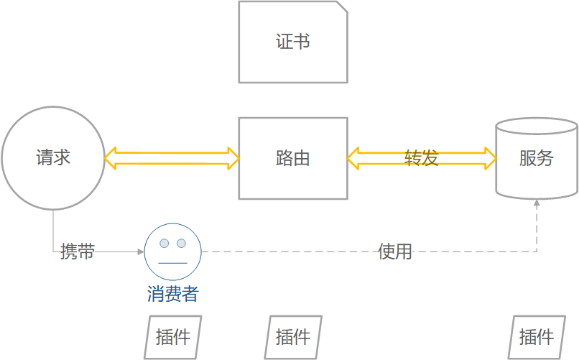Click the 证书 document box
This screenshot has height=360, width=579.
(x=293, y=42)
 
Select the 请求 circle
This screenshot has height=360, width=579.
(x=53, y=158)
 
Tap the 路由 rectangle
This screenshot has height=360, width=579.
(x=293, y=158)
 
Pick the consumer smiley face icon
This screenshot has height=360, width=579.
(x=172, y=251)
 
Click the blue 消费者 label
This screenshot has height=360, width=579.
(x=172, y=294)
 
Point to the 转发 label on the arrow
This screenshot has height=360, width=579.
(x=422, y=158)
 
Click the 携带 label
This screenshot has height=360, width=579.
(x=78, y=251)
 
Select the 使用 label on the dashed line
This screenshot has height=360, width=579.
(x=395, y=251)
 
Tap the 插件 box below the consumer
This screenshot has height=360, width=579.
(x=173, y=336)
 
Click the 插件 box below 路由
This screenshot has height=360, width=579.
(x=293, y=336)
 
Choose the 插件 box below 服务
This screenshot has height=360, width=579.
(x=537, y=336)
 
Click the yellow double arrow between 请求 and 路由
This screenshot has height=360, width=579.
(x=172, y=158)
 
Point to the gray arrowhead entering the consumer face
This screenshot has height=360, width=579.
(x=141, y=251)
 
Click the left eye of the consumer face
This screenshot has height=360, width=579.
(x=165, y=243)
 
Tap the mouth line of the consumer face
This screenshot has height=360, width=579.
(x=172, y=263)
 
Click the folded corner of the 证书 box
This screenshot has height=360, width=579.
(x=342, y=7)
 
